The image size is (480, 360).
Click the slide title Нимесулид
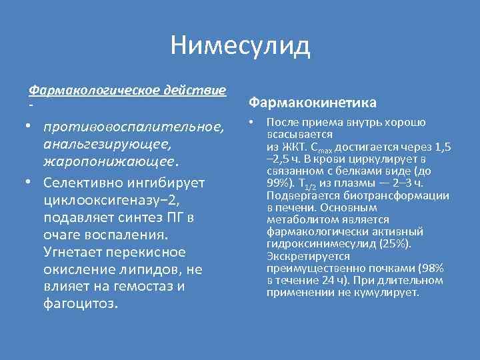(240, 46)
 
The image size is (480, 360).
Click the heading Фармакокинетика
(312, 103)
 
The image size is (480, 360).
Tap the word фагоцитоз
(80, 304)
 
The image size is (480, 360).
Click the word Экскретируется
(300, 256)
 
